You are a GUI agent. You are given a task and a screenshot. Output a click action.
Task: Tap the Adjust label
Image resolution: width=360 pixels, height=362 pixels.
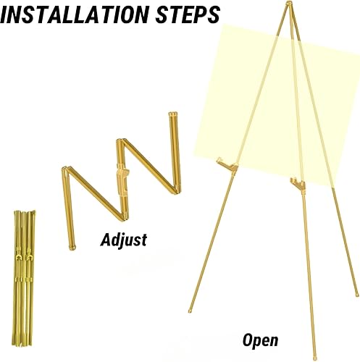tap(124, 240)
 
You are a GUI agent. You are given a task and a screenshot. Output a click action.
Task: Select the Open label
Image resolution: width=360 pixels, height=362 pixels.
tap(260, 341)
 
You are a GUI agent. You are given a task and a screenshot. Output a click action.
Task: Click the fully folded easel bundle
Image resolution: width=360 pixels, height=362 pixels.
tap(24, 277)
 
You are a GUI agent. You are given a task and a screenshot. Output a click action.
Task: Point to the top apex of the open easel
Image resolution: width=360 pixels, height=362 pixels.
tap(289, 4)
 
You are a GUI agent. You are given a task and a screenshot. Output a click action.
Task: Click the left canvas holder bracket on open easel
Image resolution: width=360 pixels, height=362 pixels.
tap(227, 165)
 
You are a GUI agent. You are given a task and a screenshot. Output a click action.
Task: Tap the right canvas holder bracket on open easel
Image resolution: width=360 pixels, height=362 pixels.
tap(298, 185)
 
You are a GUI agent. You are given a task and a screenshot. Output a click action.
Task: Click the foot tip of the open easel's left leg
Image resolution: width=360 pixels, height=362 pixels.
tap(191, 311)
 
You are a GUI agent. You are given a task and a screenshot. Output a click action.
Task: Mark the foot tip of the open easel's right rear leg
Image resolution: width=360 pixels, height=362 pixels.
tap(357, 295)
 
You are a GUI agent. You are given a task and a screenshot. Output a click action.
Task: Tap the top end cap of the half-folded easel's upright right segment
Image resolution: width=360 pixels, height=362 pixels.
tap(172, 114)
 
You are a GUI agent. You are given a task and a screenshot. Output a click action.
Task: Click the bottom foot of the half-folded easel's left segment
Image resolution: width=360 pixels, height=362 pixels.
tap(72, 248)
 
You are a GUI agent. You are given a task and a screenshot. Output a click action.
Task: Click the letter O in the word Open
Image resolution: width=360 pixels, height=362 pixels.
tap(247, 340)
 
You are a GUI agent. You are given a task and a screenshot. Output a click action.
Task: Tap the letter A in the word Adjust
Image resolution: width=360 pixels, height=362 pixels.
tap(106, 240)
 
